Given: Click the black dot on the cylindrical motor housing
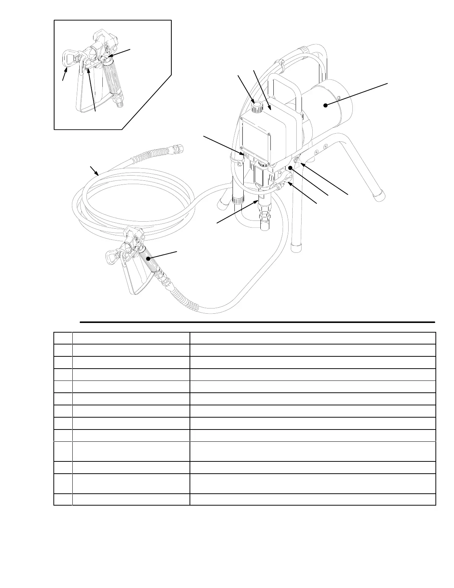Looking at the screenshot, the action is click(325, 105).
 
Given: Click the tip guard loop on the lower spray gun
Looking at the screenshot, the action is click(111, 256).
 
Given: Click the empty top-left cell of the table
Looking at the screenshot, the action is click(63, 338).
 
